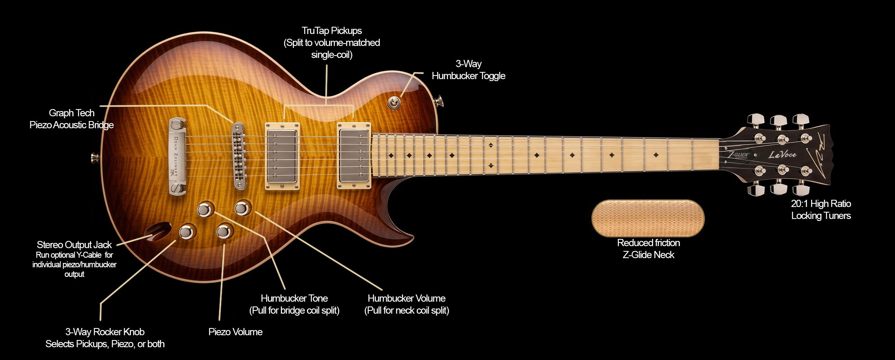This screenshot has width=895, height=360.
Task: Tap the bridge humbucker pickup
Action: (282, 156)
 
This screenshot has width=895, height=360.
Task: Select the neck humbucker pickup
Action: (354, 155)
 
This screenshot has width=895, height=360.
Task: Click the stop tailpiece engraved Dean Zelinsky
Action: (177, 157)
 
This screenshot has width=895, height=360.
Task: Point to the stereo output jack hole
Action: (158, 231)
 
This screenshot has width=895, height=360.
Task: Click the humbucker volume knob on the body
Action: (242, 208)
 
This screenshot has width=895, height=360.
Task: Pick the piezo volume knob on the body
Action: (225, 231)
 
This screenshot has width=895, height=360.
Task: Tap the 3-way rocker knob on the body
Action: (187, 232)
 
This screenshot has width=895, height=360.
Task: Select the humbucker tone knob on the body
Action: (205, 209)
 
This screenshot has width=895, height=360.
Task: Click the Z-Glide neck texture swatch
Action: (648, 218)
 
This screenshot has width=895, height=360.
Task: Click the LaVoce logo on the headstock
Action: (782, 155)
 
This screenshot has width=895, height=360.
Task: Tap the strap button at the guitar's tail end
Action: (95, 158)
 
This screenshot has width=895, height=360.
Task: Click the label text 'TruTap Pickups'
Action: (332, 31)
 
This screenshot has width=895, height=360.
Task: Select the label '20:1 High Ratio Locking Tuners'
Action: (821, 210)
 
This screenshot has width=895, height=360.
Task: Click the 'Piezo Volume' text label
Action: (235, 332)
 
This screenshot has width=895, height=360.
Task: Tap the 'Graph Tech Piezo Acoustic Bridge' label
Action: (72, 119)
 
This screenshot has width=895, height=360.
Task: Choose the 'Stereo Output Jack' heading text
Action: (74, 245)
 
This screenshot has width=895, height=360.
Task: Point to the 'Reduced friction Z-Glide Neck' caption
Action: (648, 249)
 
